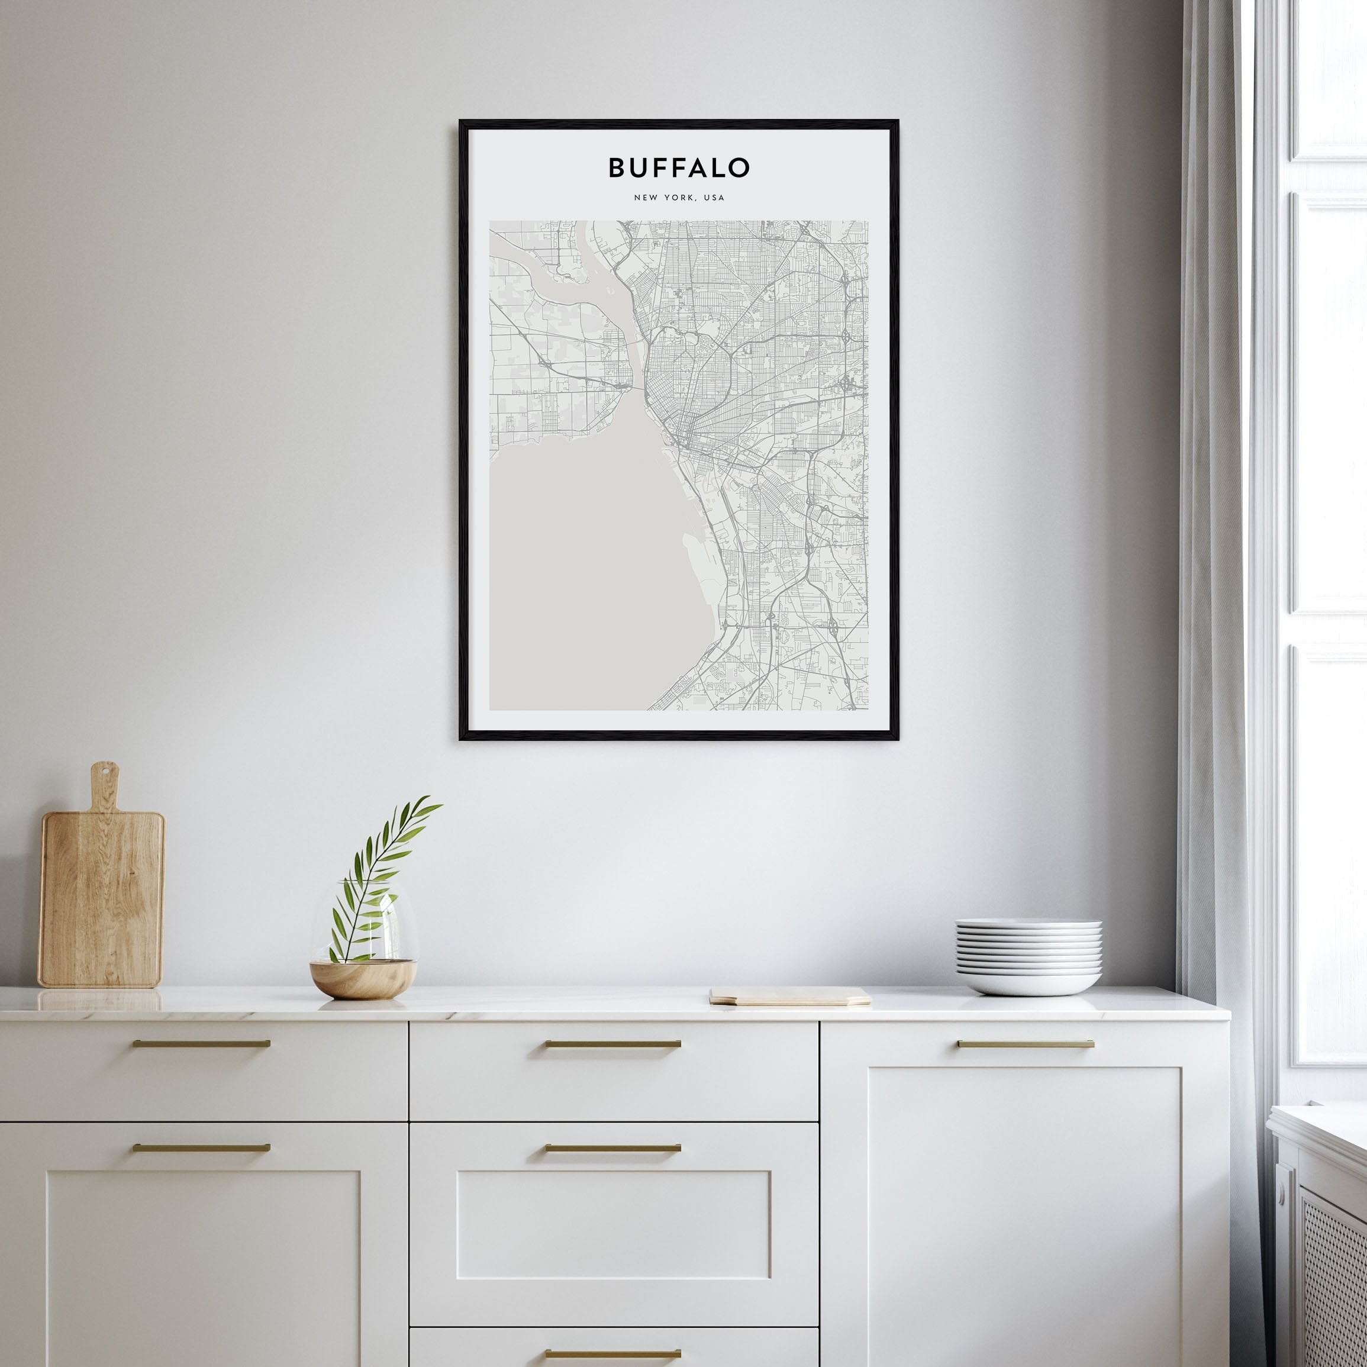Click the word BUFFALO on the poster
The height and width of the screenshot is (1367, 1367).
coord(679,167)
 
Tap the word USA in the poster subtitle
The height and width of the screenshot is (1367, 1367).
coord(715,198)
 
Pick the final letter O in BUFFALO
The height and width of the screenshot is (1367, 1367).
coord(739,167)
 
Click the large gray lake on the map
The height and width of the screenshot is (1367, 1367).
coord(580,580)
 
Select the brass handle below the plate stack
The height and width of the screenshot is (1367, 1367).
coord(1025,1044)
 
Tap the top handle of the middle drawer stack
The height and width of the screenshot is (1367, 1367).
coord(612,1044)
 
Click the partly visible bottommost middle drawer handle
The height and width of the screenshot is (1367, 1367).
coord(612,1353)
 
